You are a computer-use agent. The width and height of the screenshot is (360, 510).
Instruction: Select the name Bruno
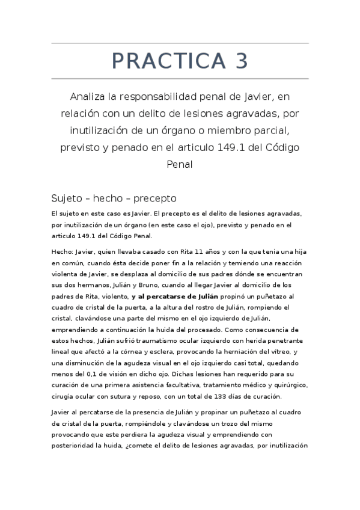[149, 286]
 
